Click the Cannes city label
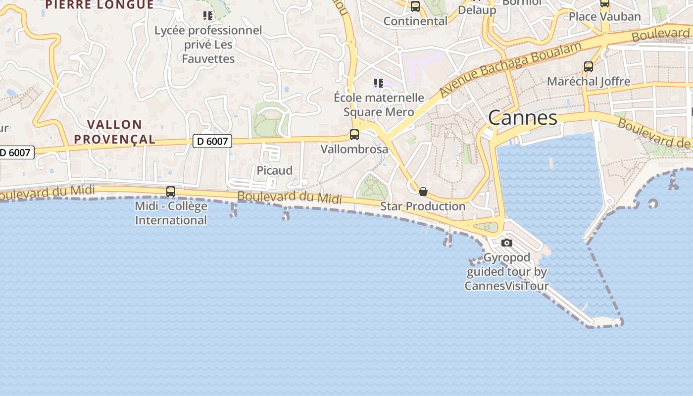(x=523, y=118)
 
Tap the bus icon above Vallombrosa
(x=354, y=134)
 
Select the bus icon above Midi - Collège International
(x=171, y=191)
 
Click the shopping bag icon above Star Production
(x=423, y=192)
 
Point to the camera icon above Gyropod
(x=506, y=243)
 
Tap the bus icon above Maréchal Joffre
(x=589, y=66)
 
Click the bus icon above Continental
(x=415, y=6)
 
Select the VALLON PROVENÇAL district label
(x=115, y=132)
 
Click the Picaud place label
(x=275, y=170)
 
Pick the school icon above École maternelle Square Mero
(x=379, y=83)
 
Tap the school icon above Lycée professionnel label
(x=208, y=16)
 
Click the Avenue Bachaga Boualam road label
(x=510, y=69)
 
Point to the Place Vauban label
(x=604, y=16)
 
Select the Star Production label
(x=423, y=206)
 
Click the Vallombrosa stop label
(x=354, y=149)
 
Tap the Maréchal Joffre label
(x=589, y=81)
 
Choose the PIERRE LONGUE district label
(x=99, y=4)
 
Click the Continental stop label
(x=415, y=21)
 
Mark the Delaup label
(x=477, y=10)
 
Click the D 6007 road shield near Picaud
(x=212, y=142)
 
